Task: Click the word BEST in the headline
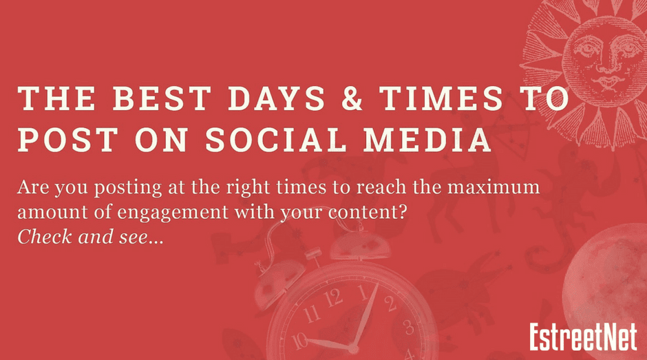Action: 162,98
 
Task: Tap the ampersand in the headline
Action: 352,98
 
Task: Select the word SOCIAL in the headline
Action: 275,139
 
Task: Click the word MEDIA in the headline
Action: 427,139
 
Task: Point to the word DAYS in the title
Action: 276,98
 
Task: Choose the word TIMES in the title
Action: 441,98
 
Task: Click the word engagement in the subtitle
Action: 173,213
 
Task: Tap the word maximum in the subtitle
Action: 494,188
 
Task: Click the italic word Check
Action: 45,237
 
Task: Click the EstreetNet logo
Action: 584,337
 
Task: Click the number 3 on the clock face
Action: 409,328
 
